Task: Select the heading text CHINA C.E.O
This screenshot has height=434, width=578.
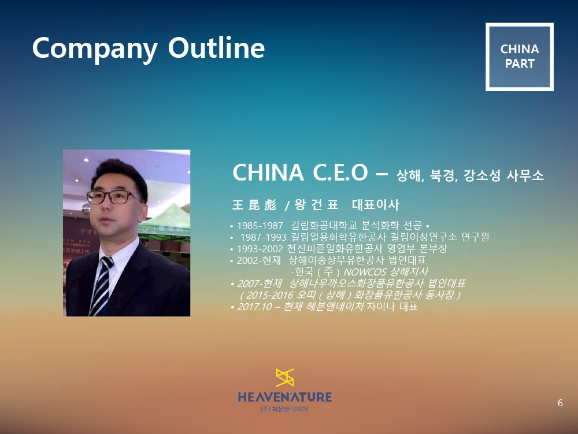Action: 300,172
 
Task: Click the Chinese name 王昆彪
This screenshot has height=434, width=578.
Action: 254,205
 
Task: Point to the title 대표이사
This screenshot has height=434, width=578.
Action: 376,205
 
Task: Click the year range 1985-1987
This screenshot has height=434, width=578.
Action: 260,226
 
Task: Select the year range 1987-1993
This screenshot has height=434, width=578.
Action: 263,237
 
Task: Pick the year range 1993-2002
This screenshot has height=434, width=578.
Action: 260,249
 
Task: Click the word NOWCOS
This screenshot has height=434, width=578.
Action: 365,272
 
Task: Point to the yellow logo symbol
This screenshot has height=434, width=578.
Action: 285,377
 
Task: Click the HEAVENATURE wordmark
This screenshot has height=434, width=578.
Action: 285,397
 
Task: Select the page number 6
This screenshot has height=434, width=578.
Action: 560,403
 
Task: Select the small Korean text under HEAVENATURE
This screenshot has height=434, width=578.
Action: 284,409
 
